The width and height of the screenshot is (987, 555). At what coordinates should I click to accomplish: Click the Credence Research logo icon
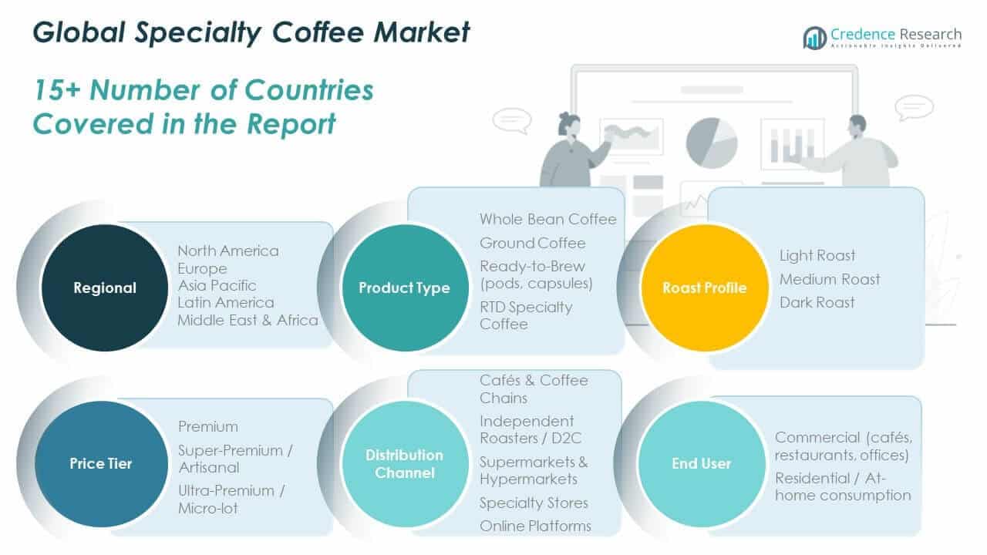tap(814, 37)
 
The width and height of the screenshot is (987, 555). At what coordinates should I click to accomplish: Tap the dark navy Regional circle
tap(104, 288)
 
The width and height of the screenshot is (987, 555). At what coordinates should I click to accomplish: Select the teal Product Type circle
tap(404, 288)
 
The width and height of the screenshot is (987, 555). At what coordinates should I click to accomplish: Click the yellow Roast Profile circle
tap(704, 288)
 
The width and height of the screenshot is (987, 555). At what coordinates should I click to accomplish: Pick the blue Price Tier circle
tap(101, 463)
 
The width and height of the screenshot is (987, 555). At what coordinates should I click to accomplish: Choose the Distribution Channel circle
tap(404, 463)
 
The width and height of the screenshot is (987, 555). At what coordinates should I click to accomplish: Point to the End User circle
tap(701, 463)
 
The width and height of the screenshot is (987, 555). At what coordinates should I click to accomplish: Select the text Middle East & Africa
tap(248, 320)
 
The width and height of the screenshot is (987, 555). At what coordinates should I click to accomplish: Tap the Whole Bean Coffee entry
tap(547, 220)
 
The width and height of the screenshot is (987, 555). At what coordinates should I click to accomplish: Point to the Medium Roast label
tap(829, 279)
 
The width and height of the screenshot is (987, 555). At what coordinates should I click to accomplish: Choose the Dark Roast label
tap(817, 302)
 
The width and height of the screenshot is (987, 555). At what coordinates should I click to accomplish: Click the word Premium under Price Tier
tap(208, 426)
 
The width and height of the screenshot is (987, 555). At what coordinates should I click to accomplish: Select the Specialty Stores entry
tap(534, 503)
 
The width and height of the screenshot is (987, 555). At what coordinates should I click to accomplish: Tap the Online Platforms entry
tap(535, 526)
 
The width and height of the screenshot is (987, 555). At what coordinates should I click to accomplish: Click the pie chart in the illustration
tap(711, 142)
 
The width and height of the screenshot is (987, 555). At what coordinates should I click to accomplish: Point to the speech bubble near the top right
tap(914, 107)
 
